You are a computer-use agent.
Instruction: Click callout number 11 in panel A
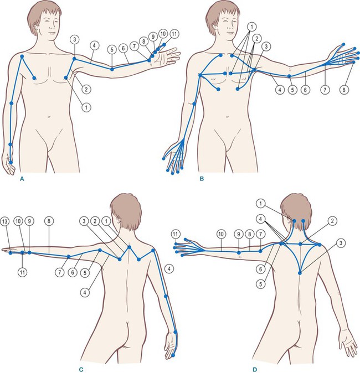pos(174,34)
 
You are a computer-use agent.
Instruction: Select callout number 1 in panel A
pos(86,107)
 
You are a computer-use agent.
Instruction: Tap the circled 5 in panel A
pos(112,50)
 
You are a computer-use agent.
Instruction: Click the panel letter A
pos(22,179)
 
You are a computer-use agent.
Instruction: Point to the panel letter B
pos(202,179)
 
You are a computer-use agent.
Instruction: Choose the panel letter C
pos(81,370)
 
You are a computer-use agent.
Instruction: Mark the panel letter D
pos(255,370)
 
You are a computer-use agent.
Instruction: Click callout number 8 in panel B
pos(344,90)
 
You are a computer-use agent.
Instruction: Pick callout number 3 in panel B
pos(266,46)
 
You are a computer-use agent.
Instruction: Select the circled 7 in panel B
pos(325,90)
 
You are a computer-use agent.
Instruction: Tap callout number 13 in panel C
pos(5,221)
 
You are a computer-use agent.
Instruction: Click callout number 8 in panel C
pos(49,221)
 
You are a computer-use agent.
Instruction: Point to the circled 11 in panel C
pos(22,272)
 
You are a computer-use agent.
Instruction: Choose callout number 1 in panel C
pos(106,221)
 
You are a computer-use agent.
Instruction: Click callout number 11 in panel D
pos(175,234)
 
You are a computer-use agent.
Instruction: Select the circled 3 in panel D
pos(341,243)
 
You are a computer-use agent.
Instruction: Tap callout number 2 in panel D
pos(332,221)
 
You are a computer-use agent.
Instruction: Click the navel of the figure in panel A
pos(49,117)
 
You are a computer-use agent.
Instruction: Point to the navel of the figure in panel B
pos(228,117)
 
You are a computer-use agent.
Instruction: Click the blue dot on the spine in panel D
pos(300,273)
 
